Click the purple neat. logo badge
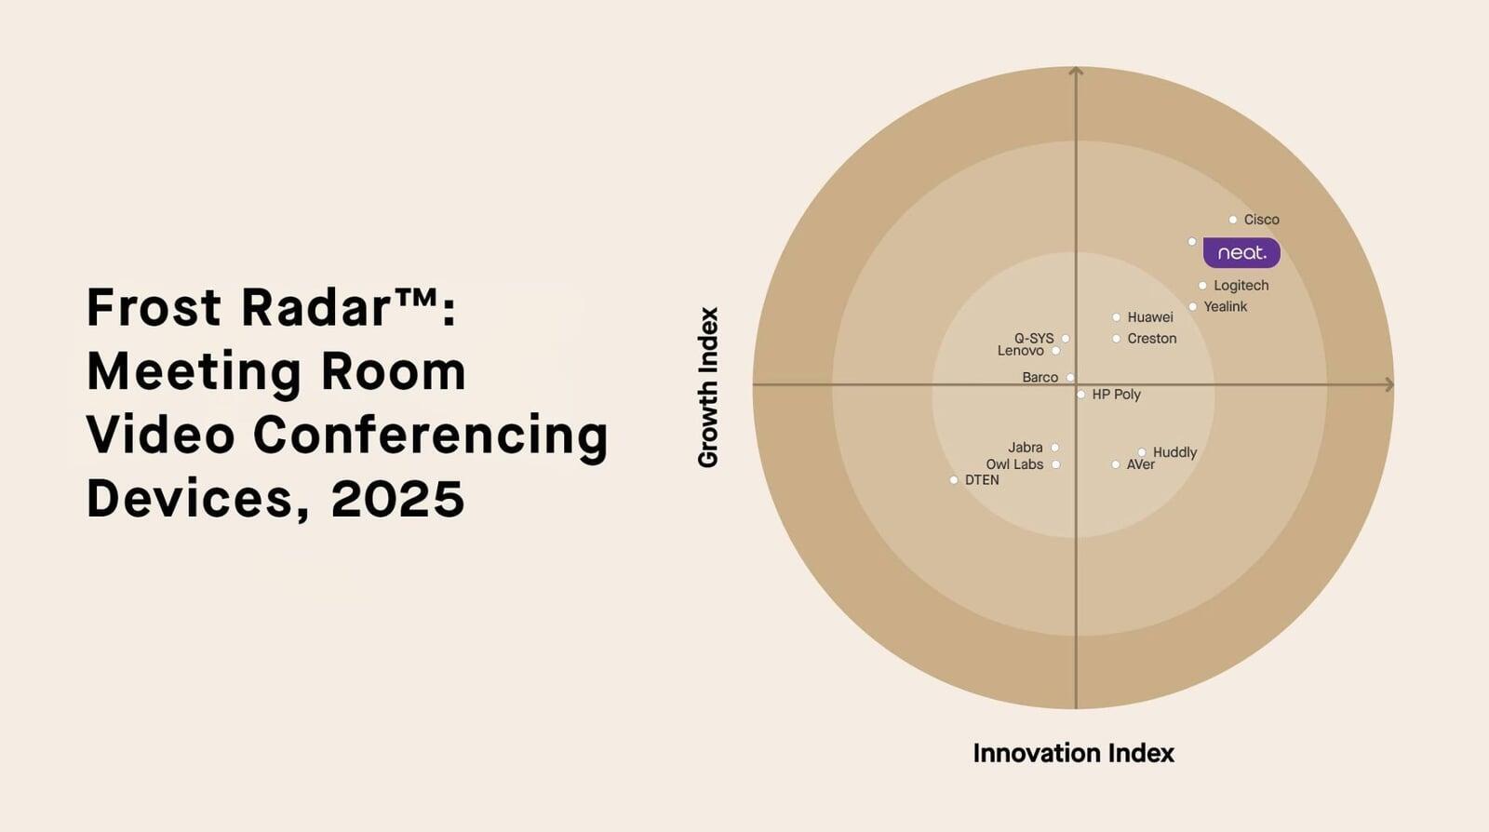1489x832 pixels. coord(1241,252)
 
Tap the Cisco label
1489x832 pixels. coord(1261,220)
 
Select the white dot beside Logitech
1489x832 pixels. coord(1202,286)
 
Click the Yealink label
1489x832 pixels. coord(1225,306)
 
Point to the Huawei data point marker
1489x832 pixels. coord(1116,317)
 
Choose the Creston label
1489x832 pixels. coord(1151,339)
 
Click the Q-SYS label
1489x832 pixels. coord(1034,338)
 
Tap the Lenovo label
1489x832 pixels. coord(1020,351)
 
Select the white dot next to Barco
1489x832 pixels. coord(1070,377)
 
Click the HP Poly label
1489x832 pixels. coord(1116,395)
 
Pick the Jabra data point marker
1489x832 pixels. coord(1054,448)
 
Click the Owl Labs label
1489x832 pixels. coord(1014,464)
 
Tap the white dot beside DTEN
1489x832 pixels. coord(954,480)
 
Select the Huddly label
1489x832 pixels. coord(1174,452)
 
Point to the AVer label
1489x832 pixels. coord(1140,464)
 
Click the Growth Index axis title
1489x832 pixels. coord(708,387)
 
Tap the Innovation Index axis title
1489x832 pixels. coord(1073,753)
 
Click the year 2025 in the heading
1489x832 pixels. coord(397,499)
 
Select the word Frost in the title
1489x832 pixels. coord(154,307)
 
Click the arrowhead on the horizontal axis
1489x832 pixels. coord(1389,384)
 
